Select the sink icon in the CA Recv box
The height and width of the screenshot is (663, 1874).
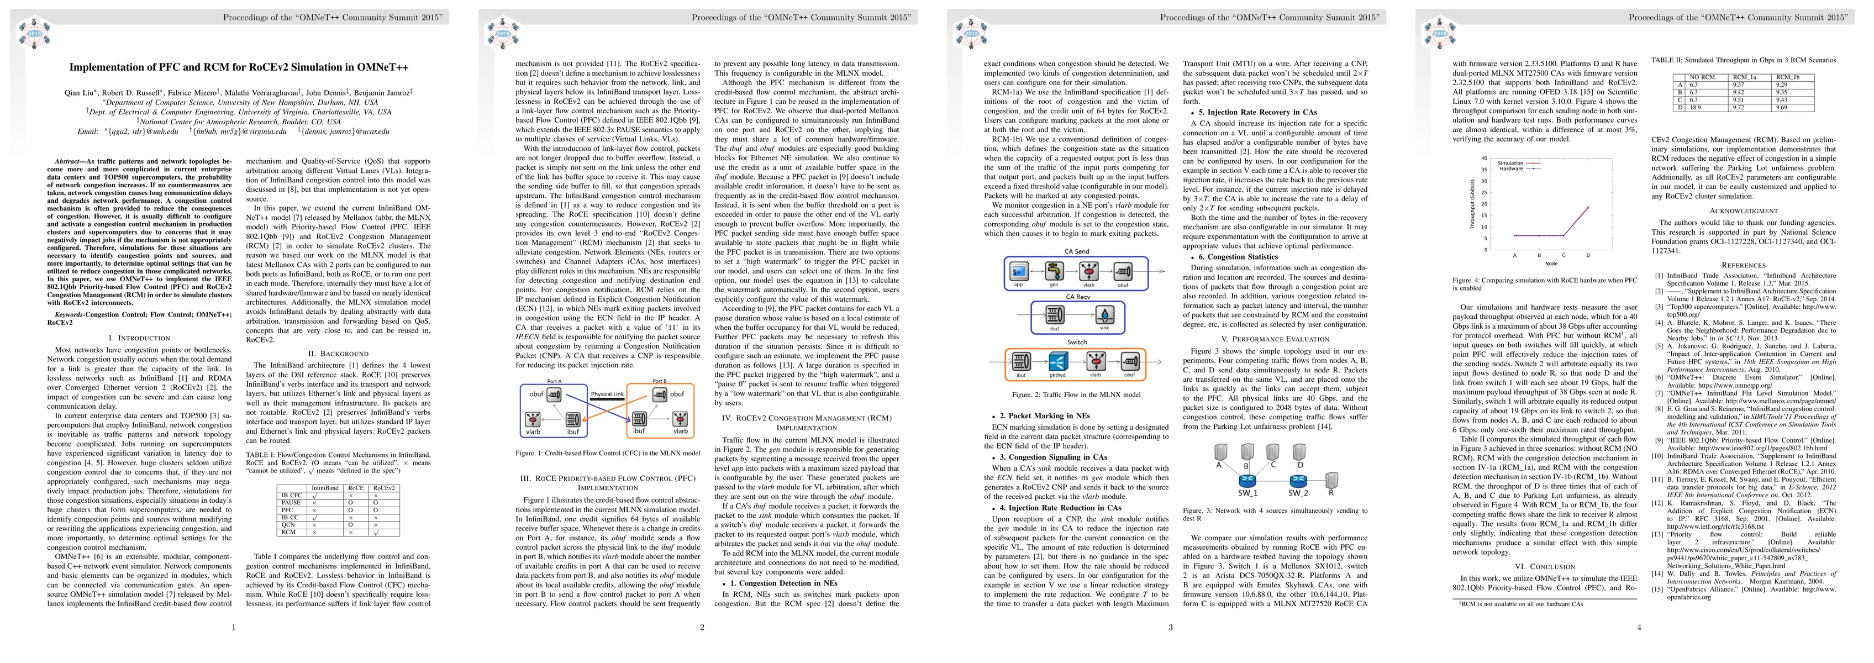(x=1105, y=315)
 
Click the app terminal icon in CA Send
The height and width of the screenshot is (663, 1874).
(x=1018, y=272)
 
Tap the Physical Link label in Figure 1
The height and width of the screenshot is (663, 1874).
(x=607, y=394)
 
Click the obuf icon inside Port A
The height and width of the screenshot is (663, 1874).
(x=554, y=395)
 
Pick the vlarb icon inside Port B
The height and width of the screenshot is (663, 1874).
(x=680, y=419)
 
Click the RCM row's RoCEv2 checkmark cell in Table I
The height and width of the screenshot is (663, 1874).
(x=376, y=532)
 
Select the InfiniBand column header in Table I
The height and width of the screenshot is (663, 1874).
(x=324, y=488)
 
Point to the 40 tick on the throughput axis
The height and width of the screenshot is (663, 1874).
(x=1484, y=158)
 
